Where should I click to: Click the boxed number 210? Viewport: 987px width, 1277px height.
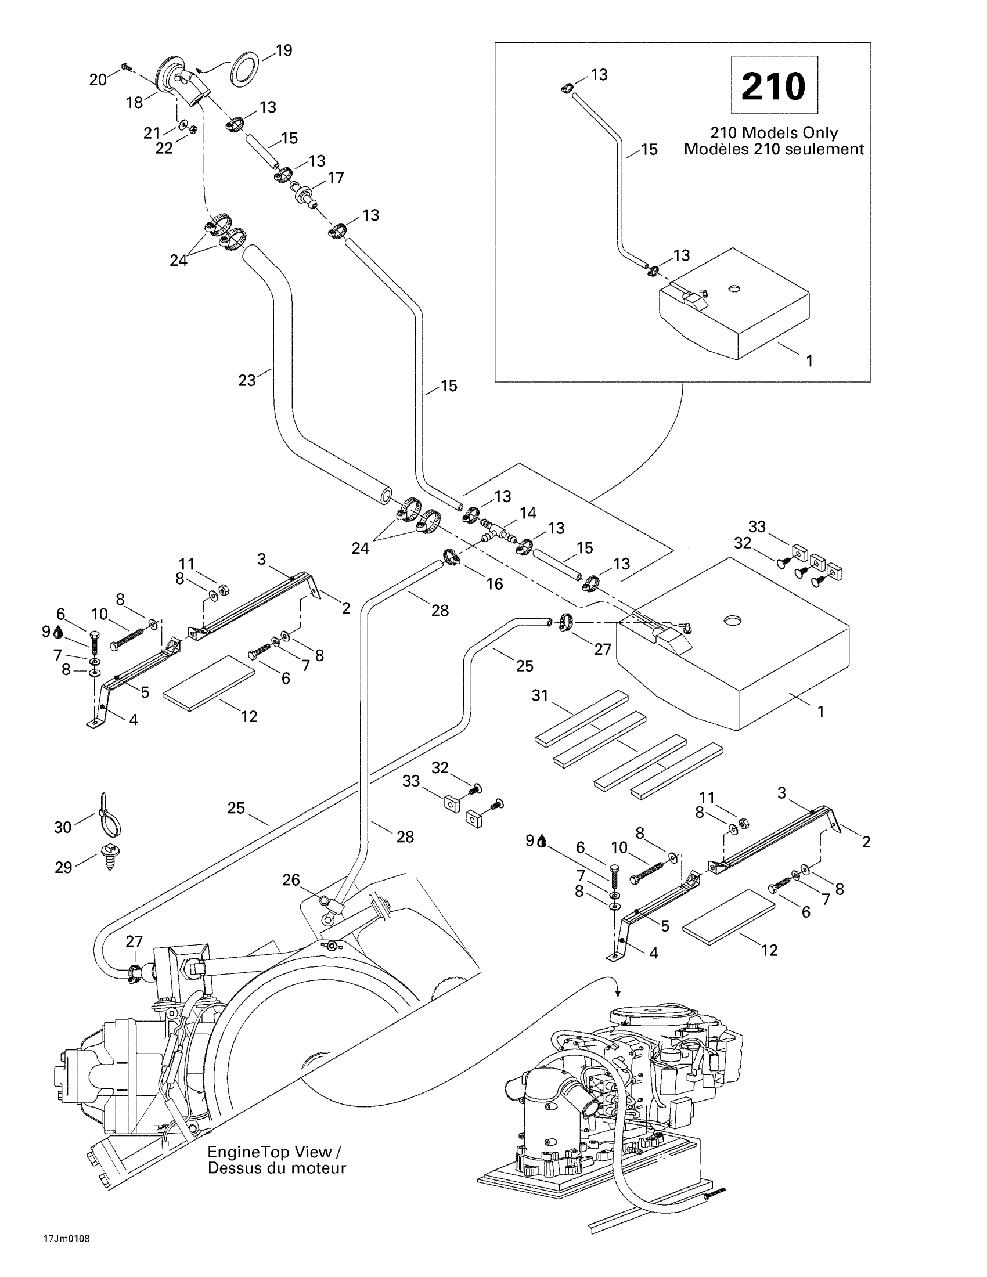coord(773,86)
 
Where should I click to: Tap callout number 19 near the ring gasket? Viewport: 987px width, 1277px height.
coord(284,51)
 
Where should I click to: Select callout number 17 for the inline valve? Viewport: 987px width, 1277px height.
coord(336,177)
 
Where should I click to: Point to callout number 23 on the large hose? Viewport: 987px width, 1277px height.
coord(247,381)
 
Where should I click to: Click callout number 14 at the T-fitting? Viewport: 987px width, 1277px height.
coord(528,513)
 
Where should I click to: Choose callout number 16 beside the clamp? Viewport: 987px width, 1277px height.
coord(495,584)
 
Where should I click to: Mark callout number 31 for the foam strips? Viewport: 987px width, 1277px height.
coord(540,695)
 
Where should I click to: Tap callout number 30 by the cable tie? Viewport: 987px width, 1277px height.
coord(63,827)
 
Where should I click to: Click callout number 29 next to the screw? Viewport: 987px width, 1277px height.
coord(63,867)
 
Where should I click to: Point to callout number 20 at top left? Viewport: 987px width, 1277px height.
coord(98,79)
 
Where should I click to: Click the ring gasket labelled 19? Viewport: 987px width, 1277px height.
coord(246,68)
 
